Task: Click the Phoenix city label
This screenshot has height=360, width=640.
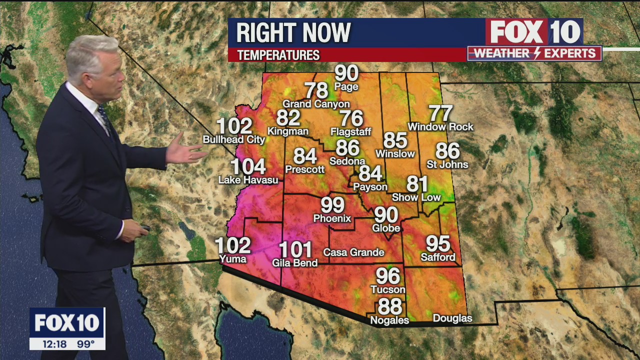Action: click(332, 218)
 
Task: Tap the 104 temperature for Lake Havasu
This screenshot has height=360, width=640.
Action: click(248, 166)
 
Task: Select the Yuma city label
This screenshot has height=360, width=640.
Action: click(233, 259)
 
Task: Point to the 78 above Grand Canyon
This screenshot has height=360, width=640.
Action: click(316, 90)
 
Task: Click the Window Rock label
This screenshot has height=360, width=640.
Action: click(440, 127)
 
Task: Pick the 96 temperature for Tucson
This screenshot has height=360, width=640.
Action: click(388, 276)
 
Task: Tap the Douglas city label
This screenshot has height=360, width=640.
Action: click(452, 318)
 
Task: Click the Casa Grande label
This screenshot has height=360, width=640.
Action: click(353, 252)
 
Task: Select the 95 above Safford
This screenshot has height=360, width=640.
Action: click(438, 244)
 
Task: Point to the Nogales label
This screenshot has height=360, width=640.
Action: click(389, 320)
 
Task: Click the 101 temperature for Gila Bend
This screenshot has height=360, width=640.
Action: click(295, 249)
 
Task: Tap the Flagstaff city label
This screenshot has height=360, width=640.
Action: click(351, 132)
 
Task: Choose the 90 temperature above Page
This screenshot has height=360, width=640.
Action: click(346, 73)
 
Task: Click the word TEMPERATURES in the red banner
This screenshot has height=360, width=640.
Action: click(278, 55)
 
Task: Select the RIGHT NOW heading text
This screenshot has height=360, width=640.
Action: click(293, 33)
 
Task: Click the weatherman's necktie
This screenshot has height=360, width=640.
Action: click(105, 118)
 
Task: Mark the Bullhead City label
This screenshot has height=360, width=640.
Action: click(234, 139)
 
